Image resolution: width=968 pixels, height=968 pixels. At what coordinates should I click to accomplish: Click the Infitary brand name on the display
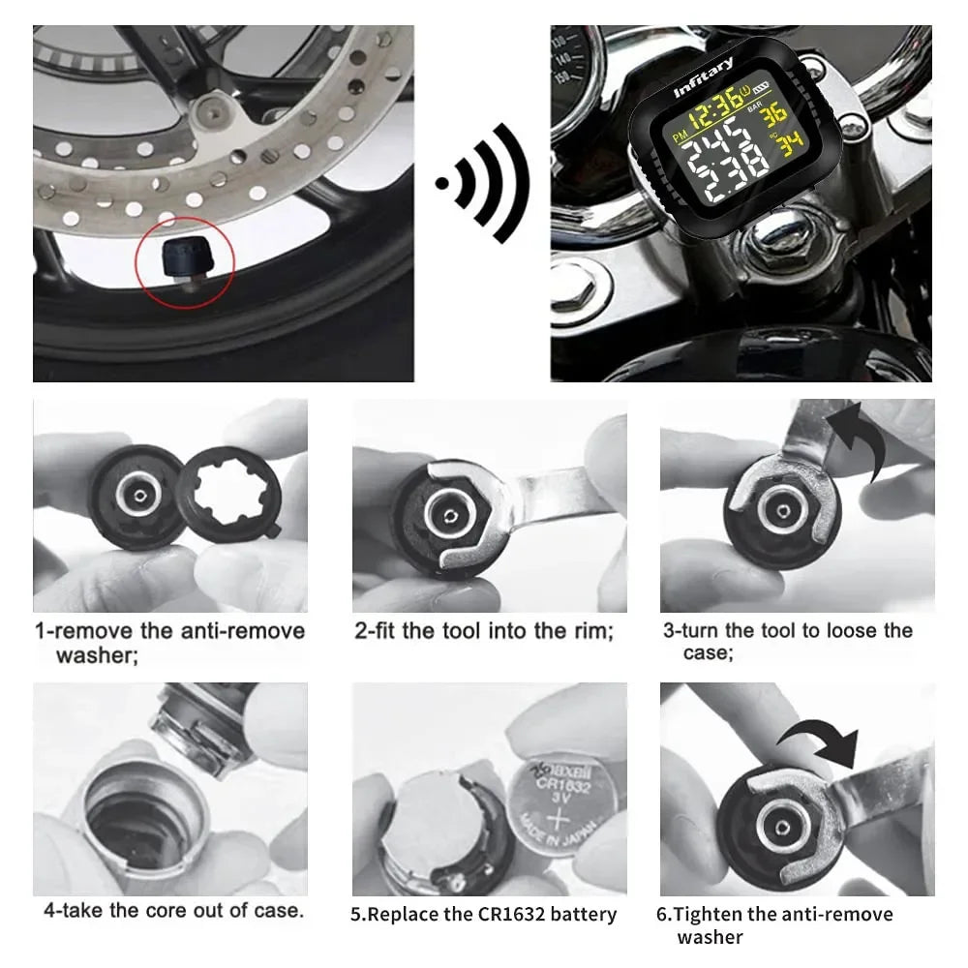704,77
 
